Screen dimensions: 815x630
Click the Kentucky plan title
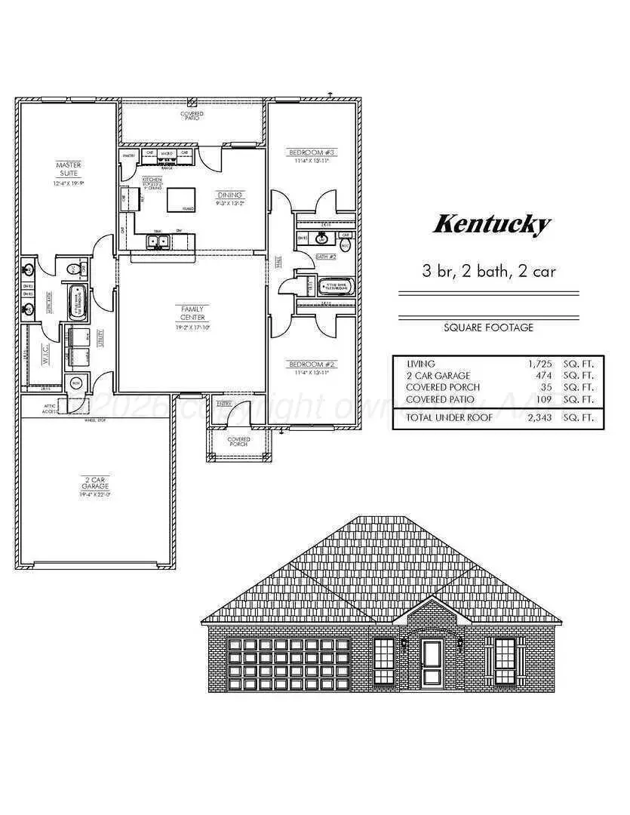pyautogui.click(x=492, y=224)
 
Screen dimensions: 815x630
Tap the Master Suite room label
pyautogui.click(x=69, y=169)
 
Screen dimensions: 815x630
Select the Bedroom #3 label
pyautogui.click(x=312, y=153)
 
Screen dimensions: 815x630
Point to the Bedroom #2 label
pyautogui.click(x=312, y=364)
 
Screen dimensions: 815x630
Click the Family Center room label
pyautogui.click(x=192, y=312)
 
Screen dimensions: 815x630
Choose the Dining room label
pyautogui.click(x=229, y=195)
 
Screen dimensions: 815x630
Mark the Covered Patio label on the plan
pyautogui.click(x=192, y=115)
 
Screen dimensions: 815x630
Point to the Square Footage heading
pyautogui.click(x=488, y=328)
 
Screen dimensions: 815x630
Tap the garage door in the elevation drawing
pyautogui.click(x=289, y=665)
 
